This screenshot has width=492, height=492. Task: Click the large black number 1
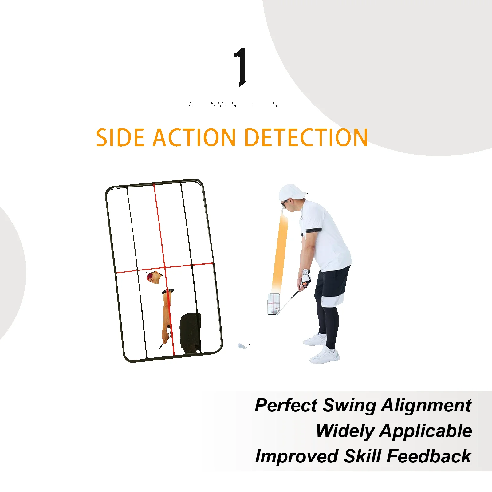click(x=241, y=67)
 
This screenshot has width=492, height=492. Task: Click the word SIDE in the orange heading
click(x=120, y=138)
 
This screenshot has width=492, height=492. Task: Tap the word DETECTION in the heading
click(x=306, y=138)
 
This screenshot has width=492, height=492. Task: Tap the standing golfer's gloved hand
click(x=305, y=280)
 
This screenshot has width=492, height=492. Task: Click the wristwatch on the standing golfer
click(x=305, y=272)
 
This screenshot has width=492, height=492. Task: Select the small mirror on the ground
click(x=274, y=304)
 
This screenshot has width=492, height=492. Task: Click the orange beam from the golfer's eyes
click(x=280, y=252)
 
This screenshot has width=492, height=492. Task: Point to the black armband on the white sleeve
click(x=314, y=230)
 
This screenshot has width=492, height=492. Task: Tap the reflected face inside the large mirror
click(x=154, y=277)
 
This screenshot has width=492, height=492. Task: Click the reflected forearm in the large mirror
click(x=166, y=310)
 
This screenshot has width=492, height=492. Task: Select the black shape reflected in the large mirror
click(x=191, y=332)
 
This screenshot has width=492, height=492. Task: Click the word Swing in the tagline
click(x=349, y=405)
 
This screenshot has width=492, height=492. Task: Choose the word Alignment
click(x=426, y=405)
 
